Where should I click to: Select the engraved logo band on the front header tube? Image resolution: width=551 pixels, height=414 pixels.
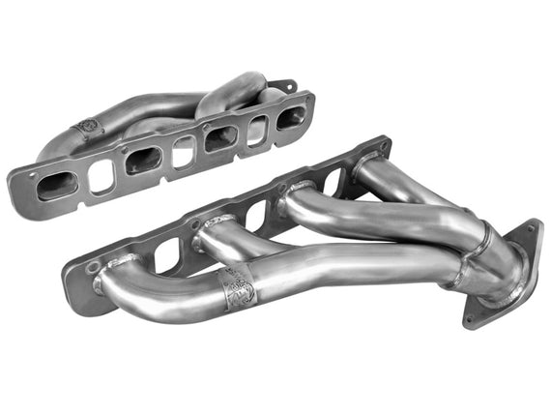click(235, 286)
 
